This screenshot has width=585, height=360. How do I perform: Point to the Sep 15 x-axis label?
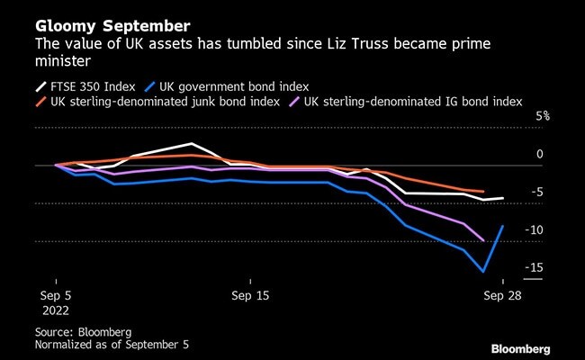[250, 294]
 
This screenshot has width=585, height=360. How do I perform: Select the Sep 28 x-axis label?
[501, 294]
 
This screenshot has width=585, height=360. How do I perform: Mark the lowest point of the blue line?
[484, 271]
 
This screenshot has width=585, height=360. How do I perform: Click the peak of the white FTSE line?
[192, 144]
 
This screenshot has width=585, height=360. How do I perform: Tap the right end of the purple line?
[484, 241]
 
